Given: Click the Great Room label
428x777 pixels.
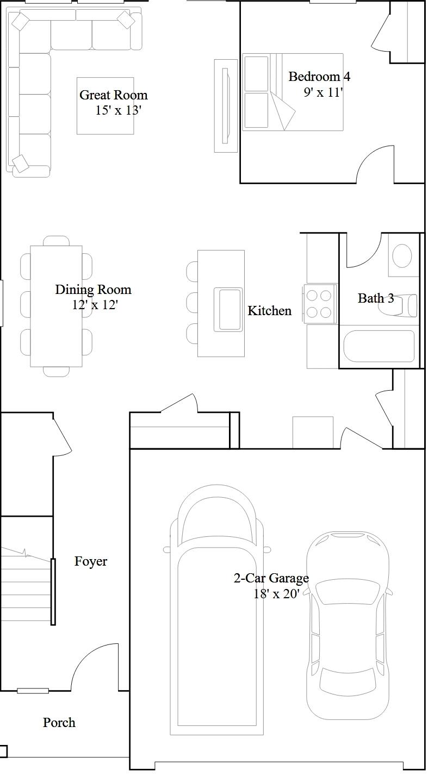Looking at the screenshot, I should [113, 95].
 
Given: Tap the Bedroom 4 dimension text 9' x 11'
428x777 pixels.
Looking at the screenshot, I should [323, 92].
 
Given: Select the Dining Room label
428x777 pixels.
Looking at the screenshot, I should [93, 290].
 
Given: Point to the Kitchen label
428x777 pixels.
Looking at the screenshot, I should [269, 311].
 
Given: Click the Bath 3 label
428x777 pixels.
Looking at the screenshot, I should [375, 298].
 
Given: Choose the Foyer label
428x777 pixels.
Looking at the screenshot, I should [91, 561].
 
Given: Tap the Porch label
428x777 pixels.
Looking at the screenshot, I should [59, 723].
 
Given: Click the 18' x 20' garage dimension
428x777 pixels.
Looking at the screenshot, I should [276, 594].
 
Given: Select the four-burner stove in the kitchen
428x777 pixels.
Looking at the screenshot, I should [319, 304].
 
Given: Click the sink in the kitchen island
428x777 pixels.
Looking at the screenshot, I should [229, 309].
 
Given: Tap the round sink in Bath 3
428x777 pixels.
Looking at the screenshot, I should [402, 255].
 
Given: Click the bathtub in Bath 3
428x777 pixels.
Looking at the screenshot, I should [379, 346].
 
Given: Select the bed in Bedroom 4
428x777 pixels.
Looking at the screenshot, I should [293, 92].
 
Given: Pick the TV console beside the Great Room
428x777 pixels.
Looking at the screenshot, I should [226, 105].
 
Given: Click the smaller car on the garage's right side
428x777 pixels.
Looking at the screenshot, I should [348, 625].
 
